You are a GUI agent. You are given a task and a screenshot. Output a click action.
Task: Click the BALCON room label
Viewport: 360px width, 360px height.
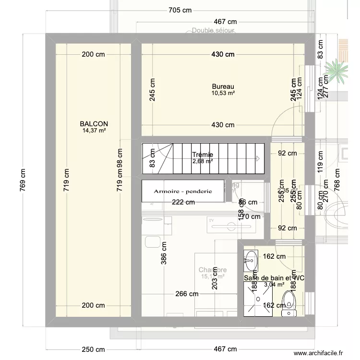(94, 123)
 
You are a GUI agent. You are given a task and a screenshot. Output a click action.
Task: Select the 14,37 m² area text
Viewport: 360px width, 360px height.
(94, 130)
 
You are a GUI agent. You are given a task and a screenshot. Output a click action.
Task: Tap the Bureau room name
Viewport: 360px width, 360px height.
(223, 87)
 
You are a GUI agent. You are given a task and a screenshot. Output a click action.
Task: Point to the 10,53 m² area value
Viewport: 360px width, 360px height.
(223, 93)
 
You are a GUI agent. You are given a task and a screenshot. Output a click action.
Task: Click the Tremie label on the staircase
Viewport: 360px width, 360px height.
(202, 155)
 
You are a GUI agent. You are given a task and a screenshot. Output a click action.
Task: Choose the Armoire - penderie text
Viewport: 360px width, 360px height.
(183, 191)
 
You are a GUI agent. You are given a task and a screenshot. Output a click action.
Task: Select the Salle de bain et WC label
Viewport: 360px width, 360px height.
(274, 278)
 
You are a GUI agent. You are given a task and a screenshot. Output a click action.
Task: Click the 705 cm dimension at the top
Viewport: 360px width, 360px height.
(180, 11)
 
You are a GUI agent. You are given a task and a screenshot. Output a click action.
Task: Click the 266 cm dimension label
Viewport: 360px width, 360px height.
(187, 294)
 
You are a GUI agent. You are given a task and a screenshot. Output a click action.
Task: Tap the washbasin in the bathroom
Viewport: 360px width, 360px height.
(251, 261)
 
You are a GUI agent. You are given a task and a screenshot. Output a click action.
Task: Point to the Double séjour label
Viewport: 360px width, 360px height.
(213, 30)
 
